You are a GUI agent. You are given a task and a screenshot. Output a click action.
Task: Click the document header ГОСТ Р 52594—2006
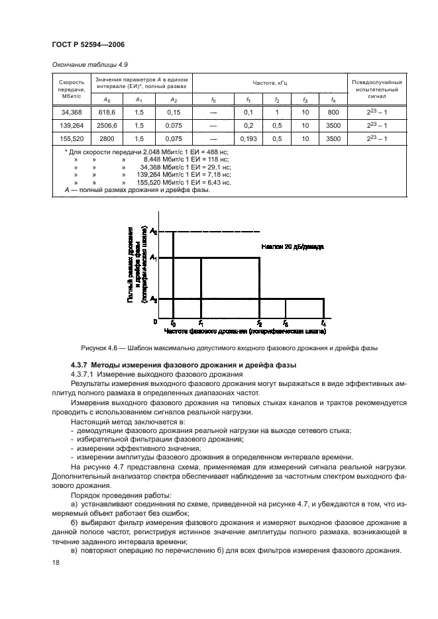click(x=88, y=44)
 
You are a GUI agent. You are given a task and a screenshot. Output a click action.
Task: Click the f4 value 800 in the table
click(x=333, y=113)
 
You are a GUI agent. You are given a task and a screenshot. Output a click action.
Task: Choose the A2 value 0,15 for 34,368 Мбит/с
click(x=174, y=113)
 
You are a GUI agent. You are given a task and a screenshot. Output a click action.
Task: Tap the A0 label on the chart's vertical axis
click(x=153, y=231)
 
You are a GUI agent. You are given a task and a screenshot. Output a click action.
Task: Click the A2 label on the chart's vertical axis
click(x=153, y=300)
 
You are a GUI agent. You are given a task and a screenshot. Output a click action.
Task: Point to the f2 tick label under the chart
click(x=259, y=324)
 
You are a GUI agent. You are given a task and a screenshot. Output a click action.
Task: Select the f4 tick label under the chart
click(x=323, y=324)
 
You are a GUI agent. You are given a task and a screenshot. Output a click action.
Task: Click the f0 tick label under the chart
click(x=173, y=324)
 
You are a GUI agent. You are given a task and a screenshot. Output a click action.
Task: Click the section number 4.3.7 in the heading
click(x=79, y=365)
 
